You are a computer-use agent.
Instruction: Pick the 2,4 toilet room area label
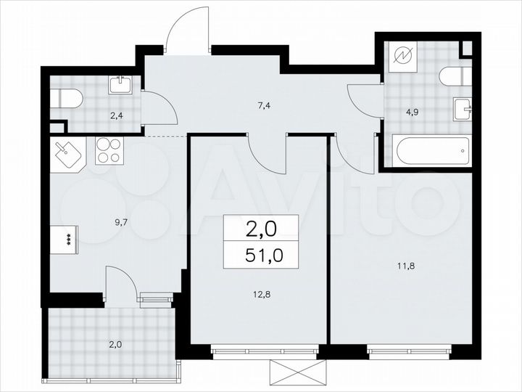tap(116, 113)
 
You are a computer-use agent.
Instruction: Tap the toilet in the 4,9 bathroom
tap(456, 75)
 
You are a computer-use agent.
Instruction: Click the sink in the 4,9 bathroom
tap(463, 110)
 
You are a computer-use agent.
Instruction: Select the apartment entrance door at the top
tap(187, 33)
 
